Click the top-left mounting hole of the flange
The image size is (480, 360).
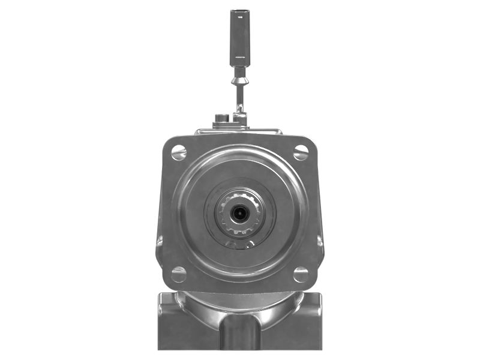pos(179,152)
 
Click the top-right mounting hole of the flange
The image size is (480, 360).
pos(301,152)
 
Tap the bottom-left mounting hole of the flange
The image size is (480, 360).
pos(179,274)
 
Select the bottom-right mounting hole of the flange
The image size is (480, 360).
pos(301,274)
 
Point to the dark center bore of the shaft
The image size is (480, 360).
pos(240,212)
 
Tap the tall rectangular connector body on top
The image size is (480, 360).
pos(239,36)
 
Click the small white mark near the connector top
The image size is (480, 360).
pos(239,17)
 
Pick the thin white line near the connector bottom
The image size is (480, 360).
pos(239,56)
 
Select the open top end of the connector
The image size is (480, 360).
pos(239,11)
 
